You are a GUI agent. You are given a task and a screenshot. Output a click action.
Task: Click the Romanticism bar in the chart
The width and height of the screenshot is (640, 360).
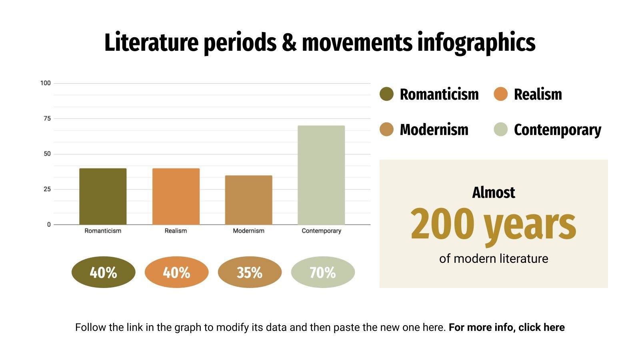tap(103, 196)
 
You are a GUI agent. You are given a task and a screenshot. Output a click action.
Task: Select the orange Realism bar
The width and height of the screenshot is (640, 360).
tap(176, 196)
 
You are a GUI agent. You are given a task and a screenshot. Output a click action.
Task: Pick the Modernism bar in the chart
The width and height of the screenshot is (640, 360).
tap(248, 200)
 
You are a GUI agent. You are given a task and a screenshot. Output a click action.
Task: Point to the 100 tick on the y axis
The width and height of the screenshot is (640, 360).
tap(46, 83)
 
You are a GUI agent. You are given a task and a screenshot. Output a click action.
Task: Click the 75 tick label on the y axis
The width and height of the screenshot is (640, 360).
tap(47, 118)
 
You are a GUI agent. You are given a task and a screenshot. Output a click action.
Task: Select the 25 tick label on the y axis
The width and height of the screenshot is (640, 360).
tap(47, 189)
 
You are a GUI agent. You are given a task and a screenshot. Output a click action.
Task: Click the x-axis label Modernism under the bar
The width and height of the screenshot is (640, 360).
tap(248, 231)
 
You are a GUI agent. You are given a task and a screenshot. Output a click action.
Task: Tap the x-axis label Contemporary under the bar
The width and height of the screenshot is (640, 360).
tap(321, 231)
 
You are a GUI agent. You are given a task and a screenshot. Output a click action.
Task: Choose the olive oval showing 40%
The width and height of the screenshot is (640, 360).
tap(103, 272)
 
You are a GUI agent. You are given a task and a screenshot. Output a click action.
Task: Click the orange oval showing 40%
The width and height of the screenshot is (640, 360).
tap(176, 272)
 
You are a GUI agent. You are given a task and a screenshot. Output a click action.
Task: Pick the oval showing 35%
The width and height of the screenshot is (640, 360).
tap(250, 272)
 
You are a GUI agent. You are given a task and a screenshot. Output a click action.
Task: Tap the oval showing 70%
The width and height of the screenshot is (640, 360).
tap(323, 272)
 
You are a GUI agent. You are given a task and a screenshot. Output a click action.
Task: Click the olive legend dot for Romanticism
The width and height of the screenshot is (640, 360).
tap(387, 94)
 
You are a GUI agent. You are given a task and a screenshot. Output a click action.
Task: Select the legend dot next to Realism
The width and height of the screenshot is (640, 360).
tap(500, 94)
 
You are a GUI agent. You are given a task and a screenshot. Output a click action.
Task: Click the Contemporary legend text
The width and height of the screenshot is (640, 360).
tap(557, 130)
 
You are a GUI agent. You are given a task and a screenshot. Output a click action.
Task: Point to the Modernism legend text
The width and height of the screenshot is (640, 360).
tap(434, 130)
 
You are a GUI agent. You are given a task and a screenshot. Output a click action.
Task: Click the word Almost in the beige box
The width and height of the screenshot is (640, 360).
tap(494, 192)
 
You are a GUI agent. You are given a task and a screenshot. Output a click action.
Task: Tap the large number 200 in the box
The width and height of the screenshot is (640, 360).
tap(442, 224)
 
